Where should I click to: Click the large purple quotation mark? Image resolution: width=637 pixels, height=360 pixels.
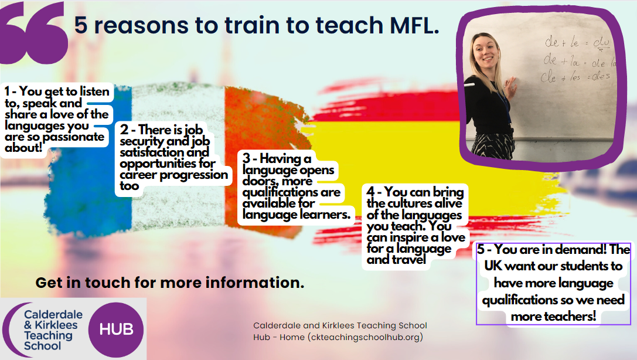point(35,33)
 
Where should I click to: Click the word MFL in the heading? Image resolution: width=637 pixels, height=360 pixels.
point(414,25)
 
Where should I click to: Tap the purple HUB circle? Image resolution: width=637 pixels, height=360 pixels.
point(116,329)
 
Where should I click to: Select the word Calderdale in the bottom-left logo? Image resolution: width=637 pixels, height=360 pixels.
point(53,314)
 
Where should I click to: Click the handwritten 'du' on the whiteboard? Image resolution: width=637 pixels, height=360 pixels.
point(601,43)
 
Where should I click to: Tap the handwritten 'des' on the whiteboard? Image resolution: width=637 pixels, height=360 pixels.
point(601,76)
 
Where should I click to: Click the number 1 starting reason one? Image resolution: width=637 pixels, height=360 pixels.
point(7,91)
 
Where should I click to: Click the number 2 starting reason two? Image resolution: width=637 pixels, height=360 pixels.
point(124,130)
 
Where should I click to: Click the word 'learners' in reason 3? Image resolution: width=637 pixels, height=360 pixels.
point(321,214)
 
